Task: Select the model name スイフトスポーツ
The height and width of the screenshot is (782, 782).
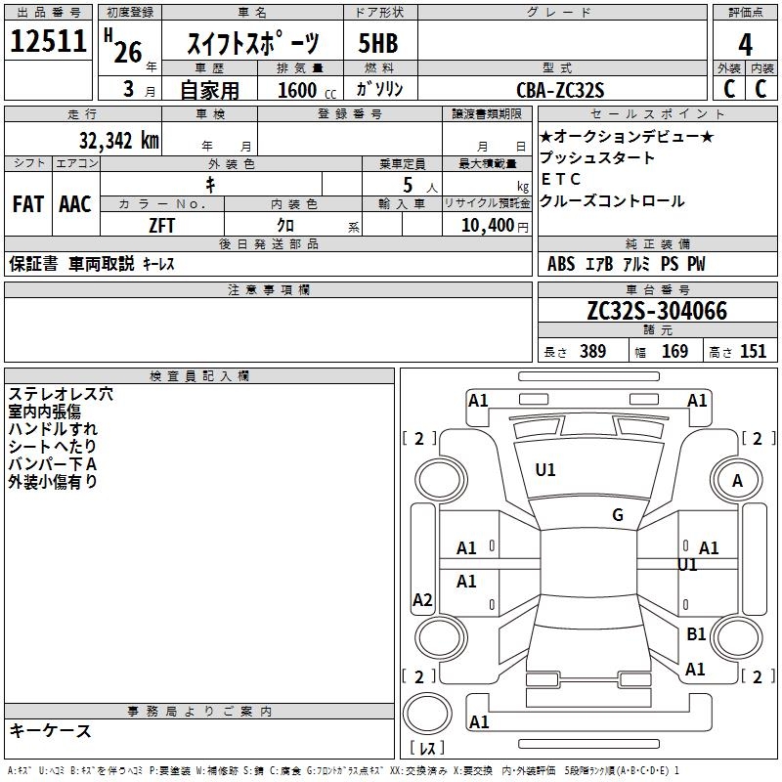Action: (253, 44)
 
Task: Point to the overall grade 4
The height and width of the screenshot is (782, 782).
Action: (746, 44)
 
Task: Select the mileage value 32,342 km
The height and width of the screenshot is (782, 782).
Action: (118, 140)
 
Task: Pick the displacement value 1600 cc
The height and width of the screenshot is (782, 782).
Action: (303, 90)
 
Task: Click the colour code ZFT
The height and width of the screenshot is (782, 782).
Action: (162, 226)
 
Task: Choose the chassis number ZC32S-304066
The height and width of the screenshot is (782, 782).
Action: (656, 311)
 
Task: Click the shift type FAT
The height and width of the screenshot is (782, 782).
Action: (27, 204)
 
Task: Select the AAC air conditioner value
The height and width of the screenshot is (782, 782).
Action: (75, 204)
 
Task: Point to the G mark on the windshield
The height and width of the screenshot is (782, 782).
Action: (618, 515)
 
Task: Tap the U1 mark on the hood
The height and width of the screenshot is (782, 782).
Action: (545, 470)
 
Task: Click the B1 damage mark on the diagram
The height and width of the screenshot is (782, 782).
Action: (696, 634)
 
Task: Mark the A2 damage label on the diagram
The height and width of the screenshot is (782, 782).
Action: (422, 600)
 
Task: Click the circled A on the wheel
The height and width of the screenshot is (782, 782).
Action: (738, 480)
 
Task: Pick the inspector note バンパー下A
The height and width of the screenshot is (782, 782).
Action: (52, 464)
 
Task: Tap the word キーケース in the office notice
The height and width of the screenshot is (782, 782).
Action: (51, 730)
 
